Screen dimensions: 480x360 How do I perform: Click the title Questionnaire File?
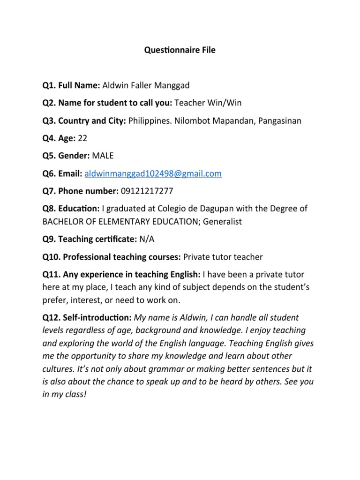click(180, 50)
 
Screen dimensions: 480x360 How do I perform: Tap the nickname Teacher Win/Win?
click(208, 103)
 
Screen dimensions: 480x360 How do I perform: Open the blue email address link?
click(153, 174)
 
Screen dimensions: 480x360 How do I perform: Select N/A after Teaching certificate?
click(147, 239)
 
